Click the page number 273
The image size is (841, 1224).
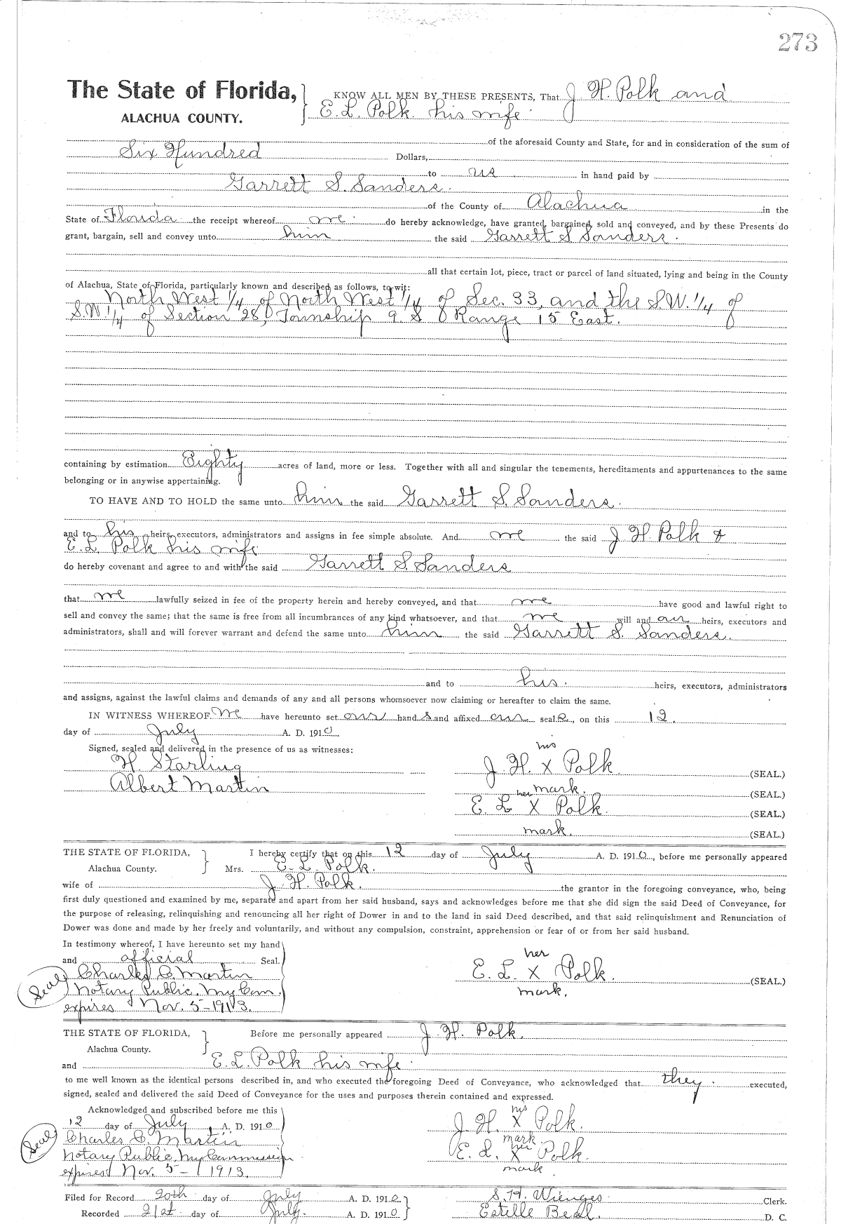(798, 43)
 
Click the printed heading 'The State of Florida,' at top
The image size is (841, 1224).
(180, 90)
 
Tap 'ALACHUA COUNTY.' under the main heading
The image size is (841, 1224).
(181, 119)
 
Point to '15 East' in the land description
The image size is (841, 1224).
(582, 319)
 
